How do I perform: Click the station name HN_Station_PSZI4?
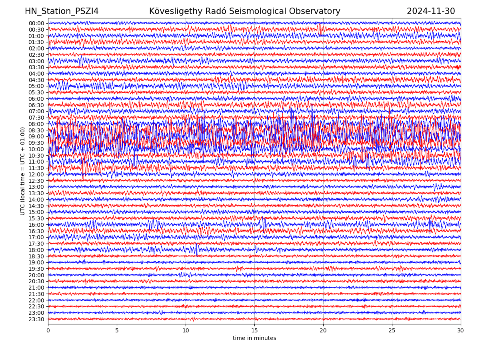[62, 11]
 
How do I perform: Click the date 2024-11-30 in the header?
[431, 11]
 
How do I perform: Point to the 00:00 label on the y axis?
[36, 23]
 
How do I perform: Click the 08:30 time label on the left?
[36, 130]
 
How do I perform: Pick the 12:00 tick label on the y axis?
[36, 174]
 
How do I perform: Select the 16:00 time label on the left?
[36, 225]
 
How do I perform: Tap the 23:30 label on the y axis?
[36, 319]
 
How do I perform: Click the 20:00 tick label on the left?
[36, 275]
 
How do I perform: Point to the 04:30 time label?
[36, 80]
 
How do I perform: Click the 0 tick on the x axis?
[48, 331]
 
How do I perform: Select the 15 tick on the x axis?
[254, 331]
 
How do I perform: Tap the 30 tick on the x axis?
[461, 331]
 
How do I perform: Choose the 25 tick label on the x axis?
[392, 331]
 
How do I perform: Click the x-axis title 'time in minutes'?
[254, 338]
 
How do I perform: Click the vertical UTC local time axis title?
[23, 171]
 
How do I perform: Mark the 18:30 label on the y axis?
[36, 256]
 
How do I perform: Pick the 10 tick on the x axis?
[186, 331]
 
